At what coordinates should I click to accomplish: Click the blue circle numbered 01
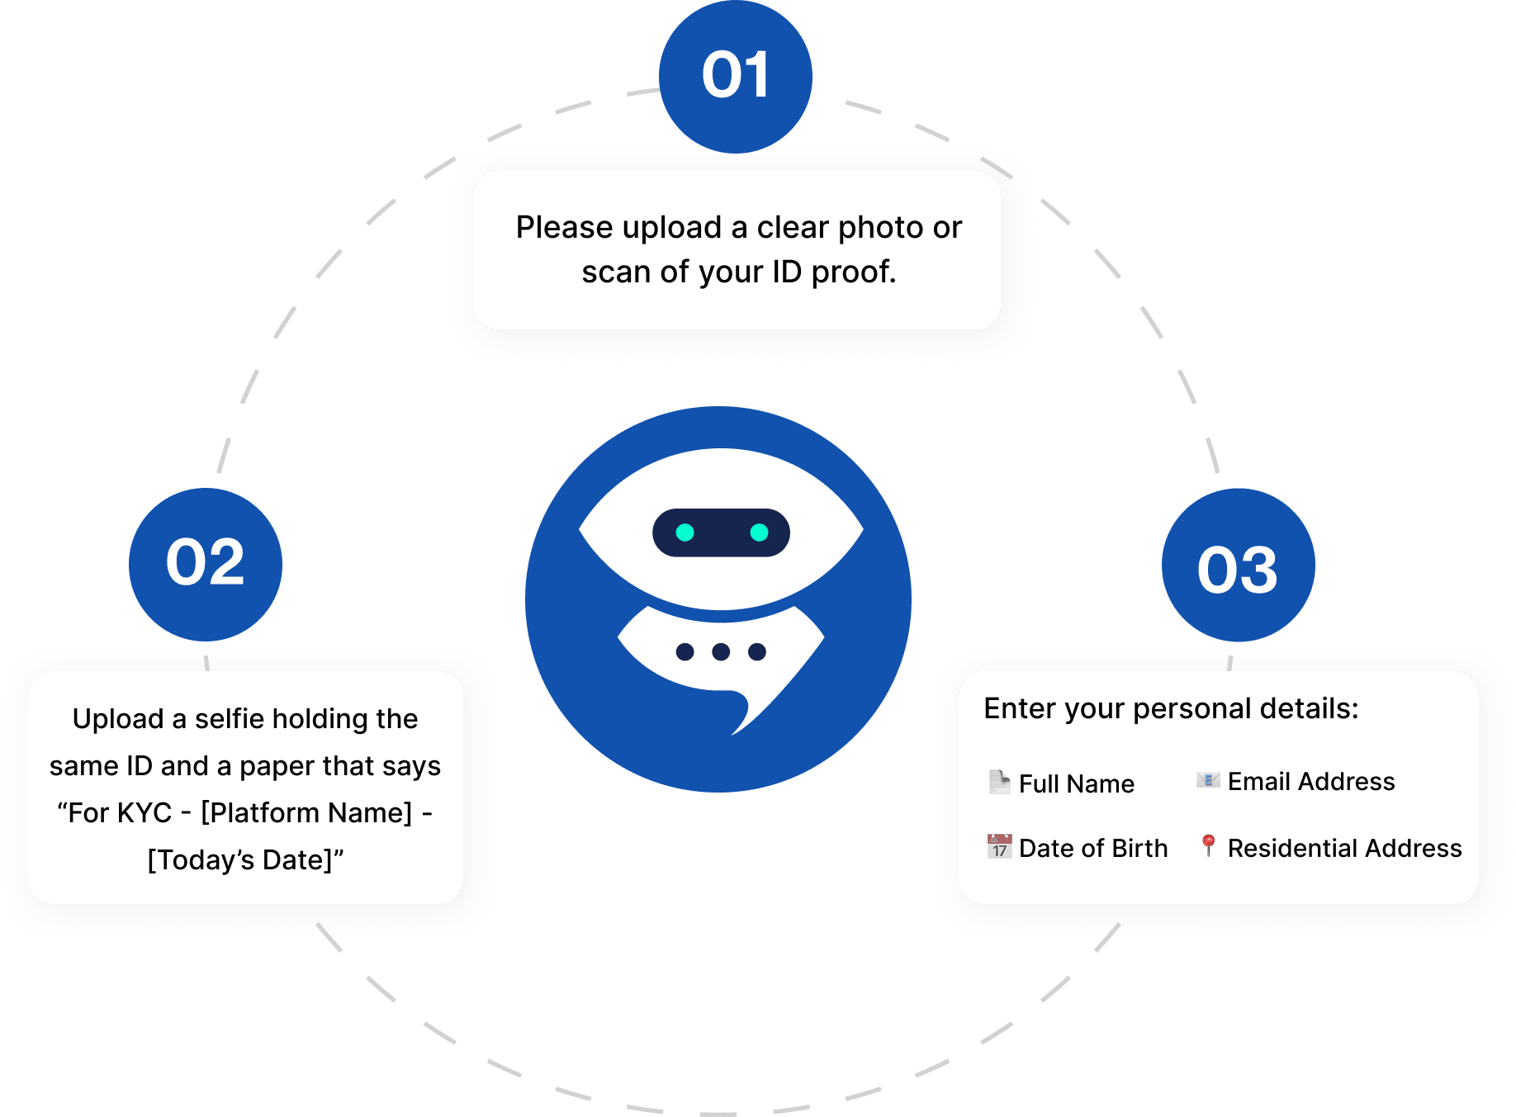click(x=735, y=76)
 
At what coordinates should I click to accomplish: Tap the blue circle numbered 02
click(x=205, y=564)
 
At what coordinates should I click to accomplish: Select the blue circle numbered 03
click(x=1238, y=566)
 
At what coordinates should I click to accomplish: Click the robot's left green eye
click(x=685, y=532)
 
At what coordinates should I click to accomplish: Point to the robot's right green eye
click(x=759, y=532)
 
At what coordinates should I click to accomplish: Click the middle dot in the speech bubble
click(x=721, y=652)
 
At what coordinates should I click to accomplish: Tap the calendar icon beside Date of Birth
click(x=999, y=846)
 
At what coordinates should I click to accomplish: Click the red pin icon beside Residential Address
click(x=1208, y=845)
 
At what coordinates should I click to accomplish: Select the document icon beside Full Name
click(x=999, y=781)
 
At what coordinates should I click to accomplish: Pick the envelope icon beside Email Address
click(x=1208, y=780)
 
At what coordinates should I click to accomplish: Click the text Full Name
click(x=1077, y=783)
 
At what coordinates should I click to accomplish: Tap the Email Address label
click(x=1311, y=781)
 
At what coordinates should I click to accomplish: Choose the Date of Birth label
click(x=1093, y=848)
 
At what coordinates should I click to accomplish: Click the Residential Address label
click(x=1344, y=848)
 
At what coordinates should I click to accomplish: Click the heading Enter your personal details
click(x=1171, y=708)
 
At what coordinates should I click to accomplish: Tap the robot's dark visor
click(x=721, y=532)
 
